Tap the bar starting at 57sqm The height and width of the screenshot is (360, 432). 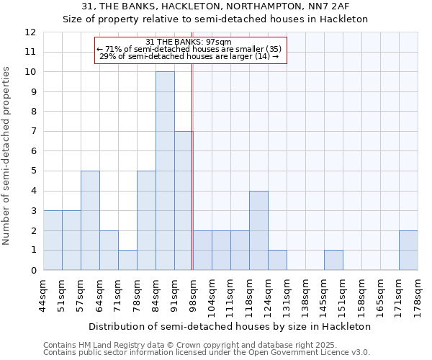coord(90,220)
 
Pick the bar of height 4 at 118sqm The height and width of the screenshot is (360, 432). coord(258,230)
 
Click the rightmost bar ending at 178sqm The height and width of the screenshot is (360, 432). coord(408,250)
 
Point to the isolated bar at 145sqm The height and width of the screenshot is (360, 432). coord(333,260)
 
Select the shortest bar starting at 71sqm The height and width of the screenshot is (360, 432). coord(127,260)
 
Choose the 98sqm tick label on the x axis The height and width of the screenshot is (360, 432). coord(193,294)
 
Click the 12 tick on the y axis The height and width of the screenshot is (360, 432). coord(30,32)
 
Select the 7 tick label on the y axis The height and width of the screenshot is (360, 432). coord(33,132)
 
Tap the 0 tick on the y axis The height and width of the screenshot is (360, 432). coord(33,270)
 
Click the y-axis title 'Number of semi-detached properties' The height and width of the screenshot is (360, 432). coord(8,155)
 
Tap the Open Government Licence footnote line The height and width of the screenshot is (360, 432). coord(207,352)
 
